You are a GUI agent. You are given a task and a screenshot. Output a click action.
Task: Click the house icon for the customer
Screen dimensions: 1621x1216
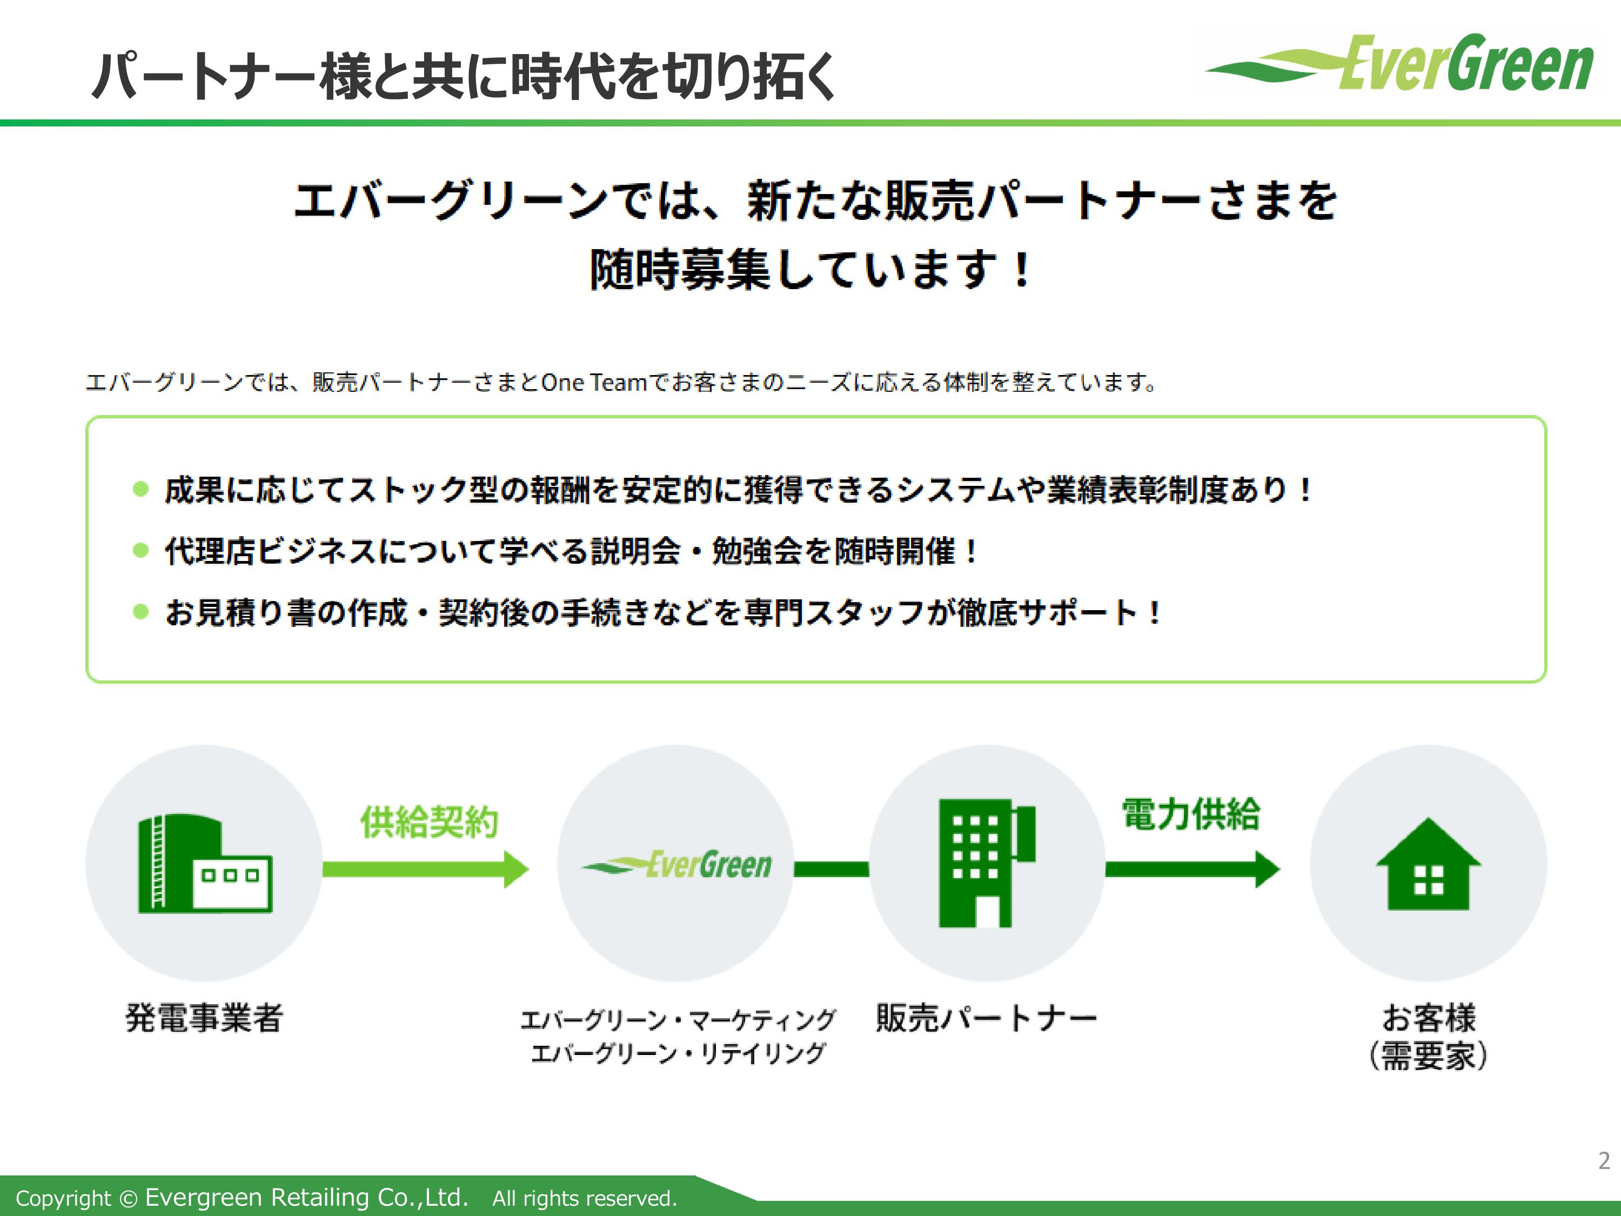click(1428, 864)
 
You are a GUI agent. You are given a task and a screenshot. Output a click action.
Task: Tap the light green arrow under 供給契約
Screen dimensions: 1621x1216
click(426, 869)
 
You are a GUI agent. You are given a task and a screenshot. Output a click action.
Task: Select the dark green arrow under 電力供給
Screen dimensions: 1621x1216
click(1193, 869)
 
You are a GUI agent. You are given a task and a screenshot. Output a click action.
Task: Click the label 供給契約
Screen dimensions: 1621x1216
click(430, 821)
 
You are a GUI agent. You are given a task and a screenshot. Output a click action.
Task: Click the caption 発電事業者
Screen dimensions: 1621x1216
click(204, 1017)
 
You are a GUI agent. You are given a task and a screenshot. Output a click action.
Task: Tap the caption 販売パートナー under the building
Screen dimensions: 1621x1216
click(986, 1017)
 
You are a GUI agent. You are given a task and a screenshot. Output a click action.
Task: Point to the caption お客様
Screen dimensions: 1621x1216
click(1429, 1017)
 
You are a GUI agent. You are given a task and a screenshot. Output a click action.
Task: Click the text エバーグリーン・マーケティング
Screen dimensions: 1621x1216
click(678, 1020)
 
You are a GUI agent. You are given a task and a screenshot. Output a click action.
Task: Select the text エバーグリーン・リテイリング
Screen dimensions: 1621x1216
click(678, 1053)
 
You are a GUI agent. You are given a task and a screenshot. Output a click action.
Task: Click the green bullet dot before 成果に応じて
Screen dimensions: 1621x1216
click(140, 489)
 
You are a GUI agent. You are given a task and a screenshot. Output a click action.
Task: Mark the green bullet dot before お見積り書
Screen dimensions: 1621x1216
click(140, 611)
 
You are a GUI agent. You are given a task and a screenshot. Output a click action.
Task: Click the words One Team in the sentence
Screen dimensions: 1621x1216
click(594, 382)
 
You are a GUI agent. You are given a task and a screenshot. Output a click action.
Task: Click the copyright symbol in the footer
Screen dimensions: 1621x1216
click(128, 1198)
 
